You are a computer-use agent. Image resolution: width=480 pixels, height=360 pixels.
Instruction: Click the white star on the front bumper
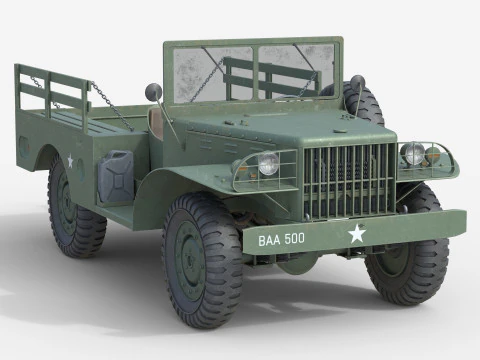356,235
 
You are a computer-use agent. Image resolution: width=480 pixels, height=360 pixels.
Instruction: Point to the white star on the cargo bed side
71,160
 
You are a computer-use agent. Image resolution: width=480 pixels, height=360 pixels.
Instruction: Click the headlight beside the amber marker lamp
412,154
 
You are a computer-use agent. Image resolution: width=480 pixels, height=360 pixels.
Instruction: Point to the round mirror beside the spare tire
357,82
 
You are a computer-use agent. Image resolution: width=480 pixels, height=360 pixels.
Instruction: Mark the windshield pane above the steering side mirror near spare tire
300,70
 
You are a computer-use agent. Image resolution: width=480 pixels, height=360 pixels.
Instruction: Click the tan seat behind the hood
157,121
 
